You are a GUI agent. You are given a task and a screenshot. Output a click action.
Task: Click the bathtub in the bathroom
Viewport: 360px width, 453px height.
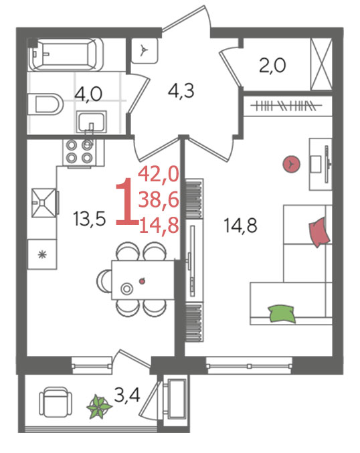[66, 54]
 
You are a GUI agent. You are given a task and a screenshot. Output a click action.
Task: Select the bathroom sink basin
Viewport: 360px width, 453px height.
[91, 122]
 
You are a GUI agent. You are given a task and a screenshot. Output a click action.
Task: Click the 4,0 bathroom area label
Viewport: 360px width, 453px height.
[88, 94]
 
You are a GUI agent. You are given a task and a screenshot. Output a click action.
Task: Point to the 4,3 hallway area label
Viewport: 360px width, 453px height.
[181, 91]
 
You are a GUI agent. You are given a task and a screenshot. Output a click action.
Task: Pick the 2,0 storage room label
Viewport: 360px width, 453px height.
[272, 66]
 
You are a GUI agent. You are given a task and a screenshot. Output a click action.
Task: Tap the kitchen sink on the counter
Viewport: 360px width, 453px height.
[44, 203]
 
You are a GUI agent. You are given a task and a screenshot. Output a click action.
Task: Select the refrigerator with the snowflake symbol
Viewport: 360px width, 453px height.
[42, 254]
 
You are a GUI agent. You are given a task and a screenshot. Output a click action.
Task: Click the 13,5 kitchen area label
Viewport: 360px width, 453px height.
[89, 219]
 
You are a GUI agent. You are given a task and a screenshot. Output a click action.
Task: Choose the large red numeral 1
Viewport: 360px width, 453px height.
[126, 201]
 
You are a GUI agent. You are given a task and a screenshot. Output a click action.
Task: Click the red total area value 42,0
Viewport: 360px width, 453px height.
[159, 175]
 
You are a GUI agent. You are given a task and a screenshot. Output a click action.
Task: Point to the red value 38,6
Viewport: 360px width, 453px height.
[159, 199]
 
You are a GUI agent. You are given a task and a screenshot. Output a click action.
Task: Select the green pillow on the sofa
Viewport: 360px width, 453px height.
[282, 314]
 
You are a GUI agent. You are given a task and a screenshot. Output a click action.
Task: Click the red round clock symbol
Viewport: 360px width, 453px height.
[291, 164]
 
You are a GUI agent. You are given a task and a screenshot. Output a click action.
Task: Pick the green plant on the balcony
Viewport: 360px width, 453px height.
[99, 407]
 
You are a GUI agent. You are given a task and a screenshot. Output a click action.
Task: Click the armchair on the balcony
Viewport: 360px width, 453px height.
[56, 401]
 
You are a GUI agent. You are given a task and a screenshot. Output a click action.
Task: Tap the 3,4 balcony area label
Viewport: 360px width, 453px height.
[127, 395]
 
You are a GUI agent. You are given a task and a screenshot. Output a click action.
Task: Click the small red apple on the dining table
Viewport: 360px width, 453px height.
[142, 280]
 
